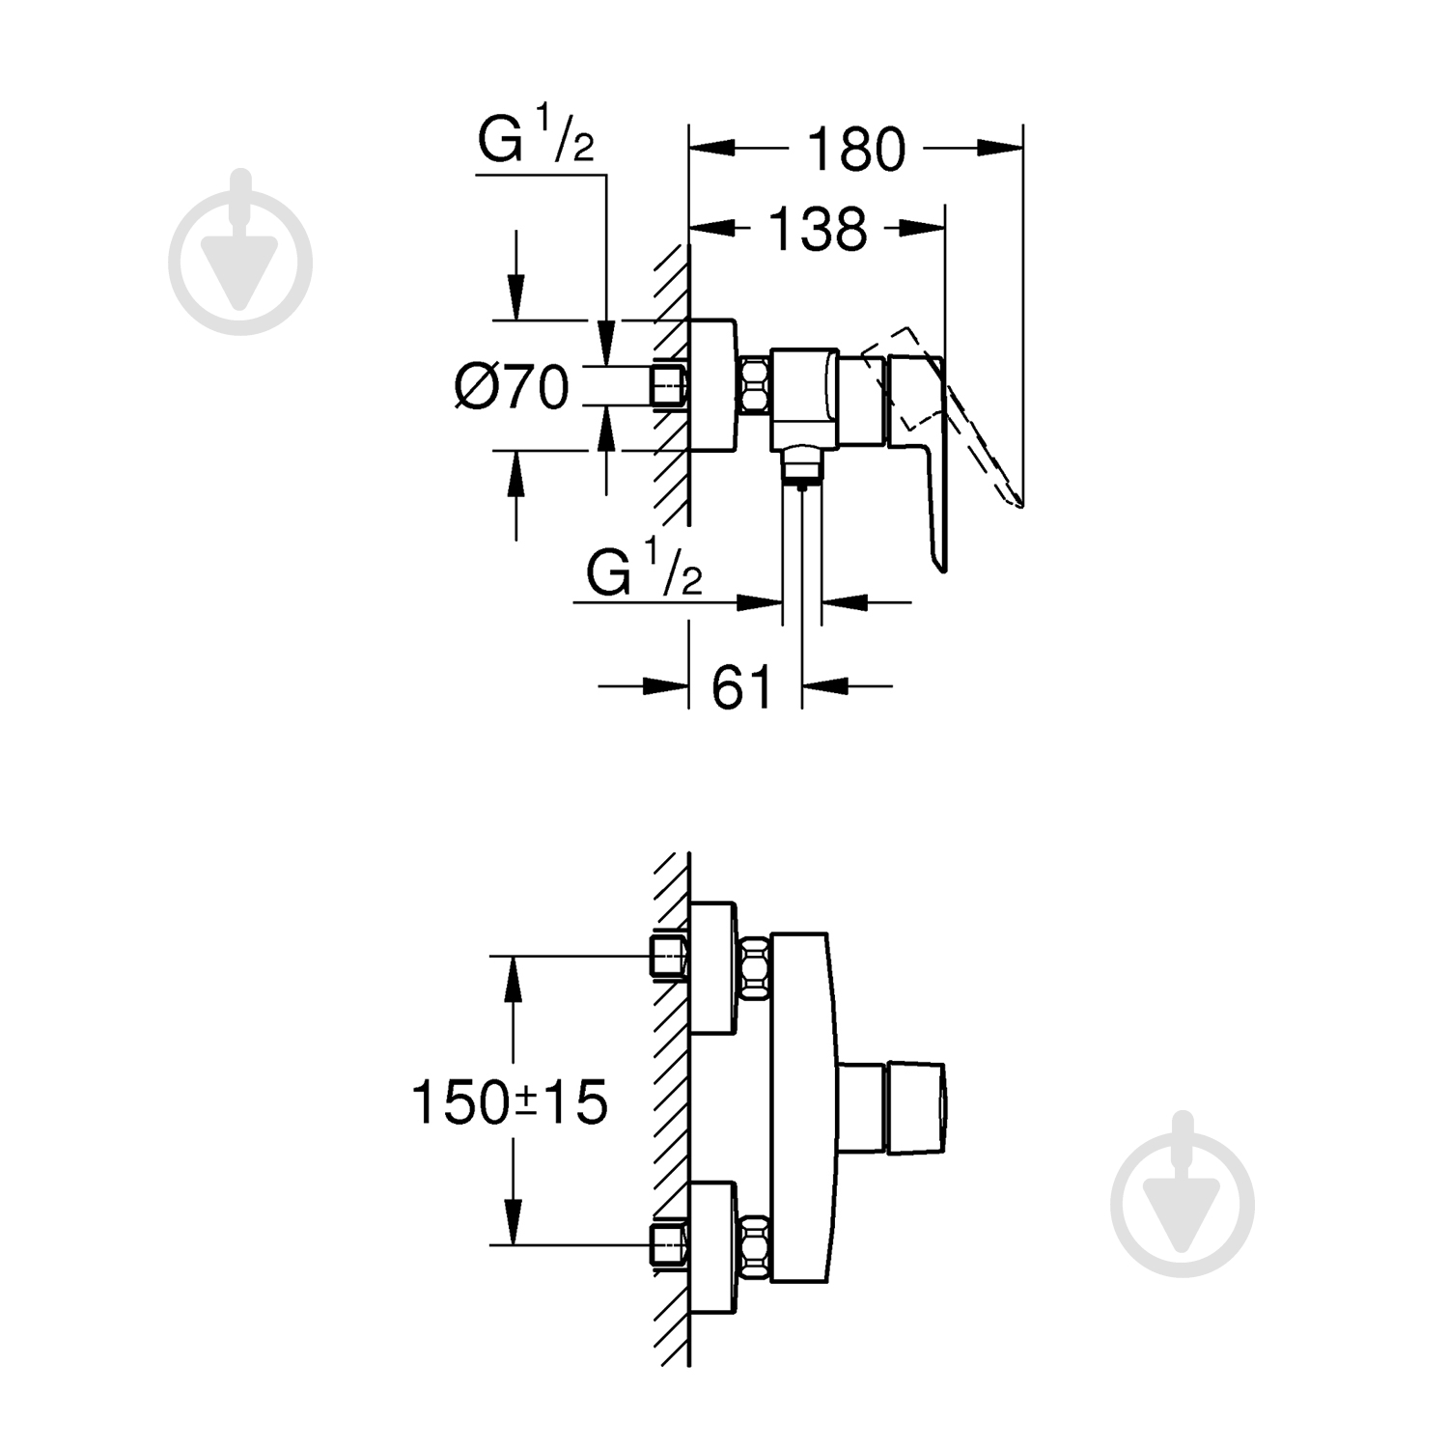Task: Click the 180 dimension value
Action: (855, 150)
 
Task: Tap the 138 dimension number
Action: (818, 231)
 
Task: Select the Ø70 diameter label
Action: (512, 388)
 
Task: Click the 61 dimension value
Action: (743, 687)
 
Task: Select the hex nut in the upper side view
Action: (754, 383)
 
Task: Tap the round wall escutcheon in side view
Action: (712, 384)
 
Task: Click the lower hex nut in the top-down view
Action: (754, 1241)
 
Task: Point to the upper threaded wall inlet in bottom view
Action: (668, 956)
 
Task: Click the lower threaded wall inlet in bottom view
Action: (668, 1241)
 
